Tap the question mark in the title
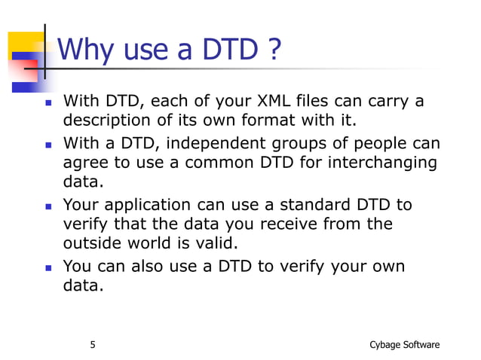273,51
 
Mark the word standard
311,205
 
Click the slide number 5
93,345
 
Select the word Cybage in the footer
386,345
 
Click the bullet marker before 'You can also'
48,267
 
